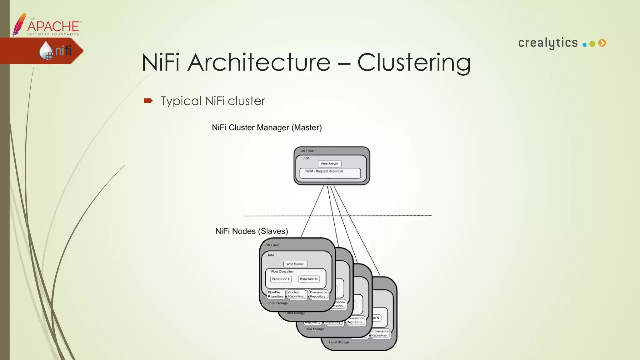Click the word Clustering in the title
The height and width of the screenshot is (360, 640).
click(x=414, y=63)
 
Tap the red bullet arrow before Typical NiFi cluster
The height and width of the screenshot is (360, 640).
click(x=148, y=101)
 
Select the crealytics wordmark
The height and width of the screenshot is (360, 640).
click(x=548, y=43)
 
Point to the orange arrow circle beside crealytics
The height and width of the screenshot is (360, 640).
click(x=602, y=43)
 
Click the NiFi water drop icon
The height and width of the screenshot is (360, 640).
click(x=46, y=50)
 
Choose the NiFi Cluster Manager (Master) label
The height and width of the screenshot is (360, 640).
click(x=267, y=127)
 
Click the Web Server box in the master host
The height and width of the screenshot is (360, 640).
click(x=329, y=164)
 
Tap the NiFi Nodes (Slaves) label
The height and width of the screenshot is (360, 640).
click(x=252, y=231)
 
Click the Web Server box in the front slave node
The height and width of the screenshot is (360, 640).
click(x=295, y=264)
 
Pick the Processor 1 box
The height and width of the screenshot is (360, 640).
click(x=281, y=279)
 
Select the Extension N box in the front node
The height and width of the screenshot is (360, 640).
click(x=309, y=279)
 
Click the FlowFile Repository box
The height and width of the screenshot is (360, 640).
click(x=276, y=295)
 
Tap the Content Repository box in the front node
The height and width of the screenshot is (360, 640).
click(x=296, y=294)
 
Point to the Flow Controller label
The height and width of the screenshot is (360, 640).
click(x=282, y=272)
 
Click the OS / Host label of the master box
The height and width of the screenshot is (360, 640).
click(x=307, y=151)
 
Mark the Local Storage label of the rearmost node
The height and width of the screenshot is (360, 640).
click(x=339, y=342)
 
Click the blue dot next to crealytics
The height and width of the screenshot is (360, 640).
click(x=584, y=45)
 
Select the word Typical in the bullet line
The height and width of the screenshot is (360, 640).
click(x=181, y=101)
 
